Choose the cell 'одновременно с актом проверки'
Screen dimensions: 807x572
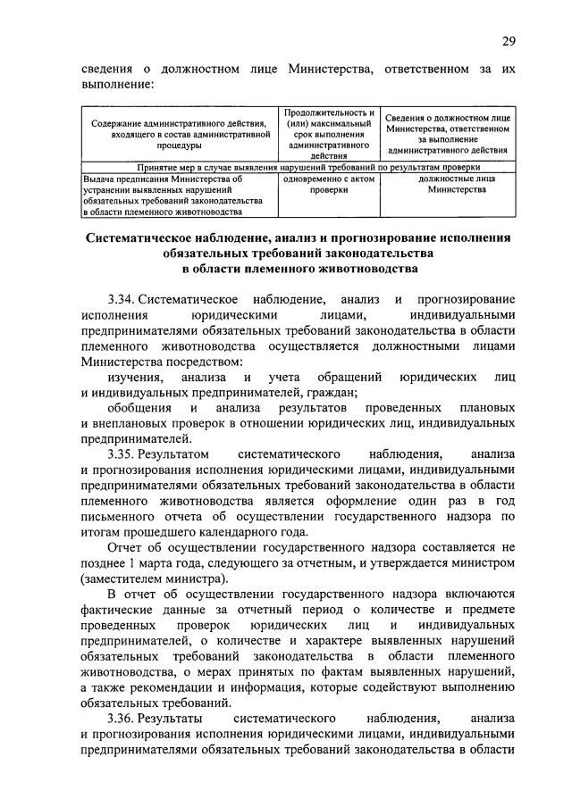(x=329, y=184)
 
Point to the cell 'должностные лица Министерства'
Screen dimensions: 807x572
(x=449, y=184)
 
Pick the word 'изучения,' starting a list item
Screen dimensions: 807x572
(x=136, y=377)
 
